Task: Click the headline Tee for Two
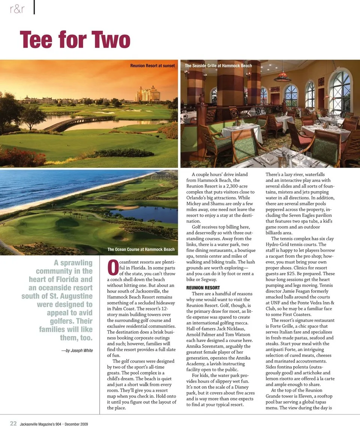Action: [75, 40]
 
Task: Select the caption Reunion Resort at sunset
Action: [152, 66]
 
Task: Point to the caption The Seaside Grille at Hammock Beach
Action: [218, 66]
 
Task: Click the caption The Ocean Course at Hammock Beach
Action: [141, 249]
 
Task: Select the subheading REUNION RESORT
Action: [203, 288]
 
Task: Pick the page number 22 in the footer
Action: [13, 423]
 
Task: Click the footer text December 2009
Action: [76, 424]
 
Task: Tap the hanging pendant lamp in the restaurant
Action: [282, 77]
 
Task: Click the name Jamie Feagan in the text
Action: [301, 285]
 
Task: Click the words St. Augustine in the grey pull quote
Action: [70, 296]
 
